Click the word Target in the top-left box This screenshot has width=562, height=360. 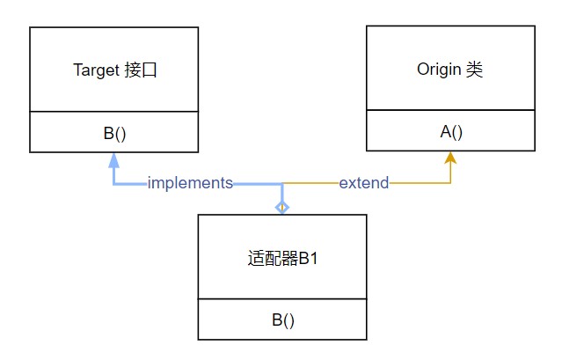pyautogui.click(x=94, y=70)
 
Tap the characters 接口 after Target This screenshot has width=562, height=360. pyautogui.click(x=138, y=70)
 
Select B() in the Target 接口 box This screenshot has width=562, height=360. pyautogui.click(x=114, y=134)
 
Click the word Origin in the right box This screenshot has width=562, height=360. pyautogui.click(x=435, y=70)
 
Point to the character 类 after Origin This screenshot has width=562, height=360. pyautogui.click(x=473, y=70)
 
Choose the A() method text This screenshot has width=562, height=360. pyautogui.click(x=451, y=132)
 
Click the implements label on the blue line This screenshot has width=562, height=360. pyautogui.click(x=190, y=183)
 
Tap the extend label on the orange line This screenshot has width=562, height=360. pyautogui.click(x=364, y=183)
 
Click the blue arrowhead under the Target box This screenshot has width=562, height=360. pyautogui.click(x=113, y=160)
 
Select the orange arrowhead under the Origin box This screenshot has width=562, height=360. pyautogui.click(x=450, y=158)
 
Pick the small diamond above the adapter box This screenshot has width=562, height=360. pyautogui.click(x=281, y=207)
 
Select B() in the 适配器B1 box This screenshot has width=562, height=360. pyautogui.click(x=282, y=320)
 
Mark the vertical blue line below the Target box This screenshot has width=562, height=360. pyautogui.click(x=113, y=174)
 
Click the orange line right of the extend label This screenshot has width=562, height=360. pyautogui.click(x=419, y=183)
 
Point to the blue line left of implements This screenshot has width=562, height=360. pyautogui.click(x=130, y=183)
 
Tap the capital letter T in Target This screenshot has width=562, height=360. pyautogui.click(x=77, y=70)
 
